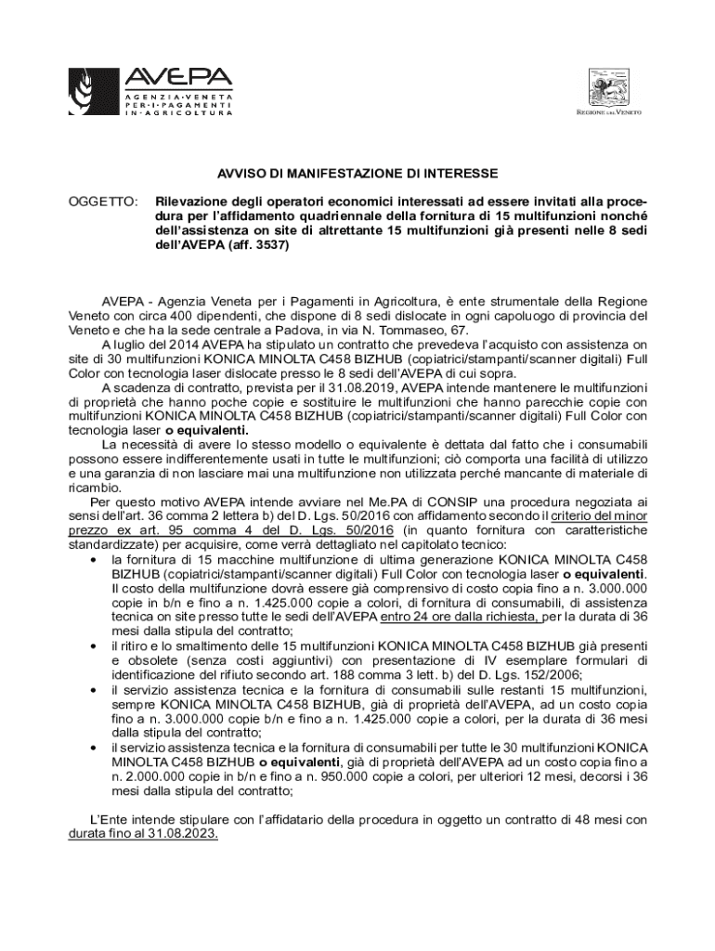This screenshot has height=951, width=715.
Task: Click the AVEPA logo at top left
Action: point(149,90)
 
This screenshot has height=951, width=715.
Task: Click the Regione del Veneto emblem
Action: point(609,90)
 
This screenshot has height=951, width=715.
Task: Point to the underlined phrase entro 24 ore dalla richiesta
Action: point(459,615)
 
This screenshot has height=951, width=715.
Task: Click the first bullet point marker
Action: point(95,561)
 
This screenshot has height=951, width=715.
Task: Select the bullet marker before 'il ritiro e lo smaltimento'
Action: point(95,645)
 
